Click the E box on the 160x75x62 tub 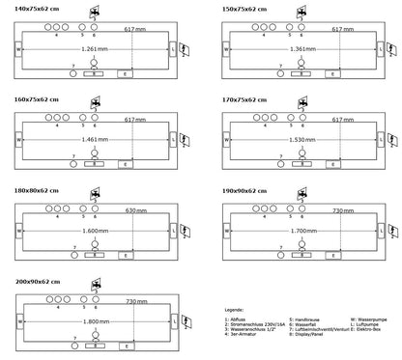tap(124, 162)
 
